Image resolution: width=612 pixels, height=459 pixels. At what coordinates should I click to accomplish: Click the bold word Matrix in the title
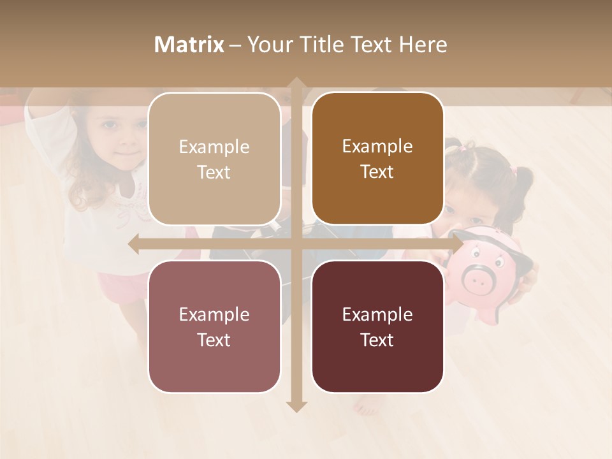coord(189,45)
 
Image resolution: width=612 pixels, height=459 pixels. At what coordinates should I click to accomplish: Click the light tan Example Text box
coord(214,159)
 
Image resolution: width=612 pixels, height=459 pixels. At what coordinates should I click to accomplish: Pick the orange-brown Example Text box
coord(377,159)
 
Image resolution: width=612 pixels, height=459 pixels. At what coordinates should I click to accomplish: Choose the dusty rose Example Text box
coord(214,326)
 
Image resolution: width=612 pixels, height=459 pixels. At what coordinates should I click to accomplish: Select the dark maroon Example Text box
coord(377,326)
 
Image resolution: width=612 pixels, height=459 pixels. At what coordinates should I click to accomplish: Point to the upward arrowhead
coord(296,84)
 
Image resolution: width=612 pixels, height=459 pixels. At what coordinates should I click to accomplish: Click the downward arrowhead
coord(296,406)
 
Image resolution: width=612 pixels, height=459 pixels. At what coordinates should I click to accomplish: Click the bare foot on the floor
coord(367,404)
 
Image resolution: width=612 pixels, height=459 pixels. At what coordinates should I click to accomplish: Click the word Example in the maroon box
coord(377,314)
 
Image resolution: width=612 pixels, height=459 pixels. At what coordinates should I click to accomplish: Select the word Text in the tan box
coord(214,172)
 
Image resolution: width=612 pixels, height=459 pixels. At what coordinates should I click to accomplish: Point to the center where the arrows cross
coord(296,244)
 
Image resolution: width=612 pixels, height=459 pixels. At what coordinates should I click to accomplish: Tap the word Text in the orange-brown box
coord(377,172)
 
